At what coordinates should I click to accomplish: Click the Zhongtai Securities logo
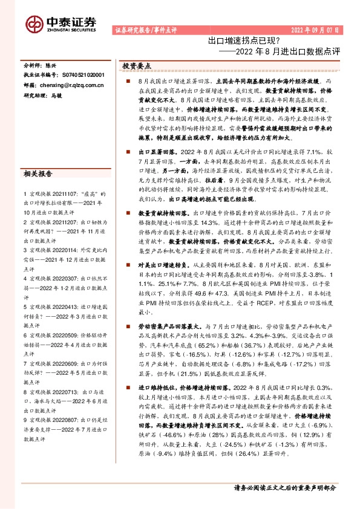pos(61,23)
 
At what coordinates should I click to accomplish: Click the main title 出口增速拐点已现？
pos(243,41)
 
